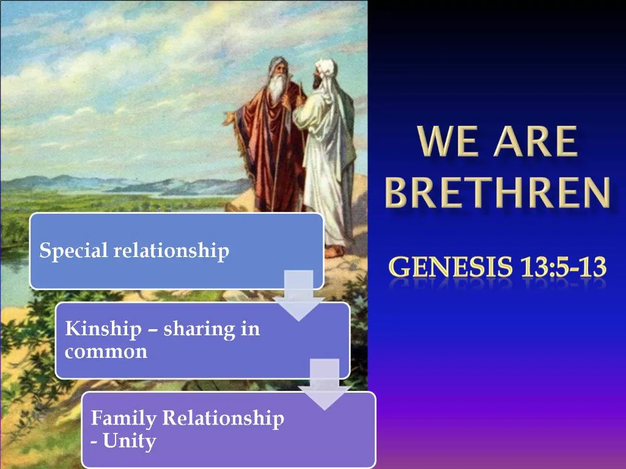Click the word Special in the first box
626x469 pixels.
[65, 250]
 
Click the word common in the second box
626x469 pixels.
[106, 352]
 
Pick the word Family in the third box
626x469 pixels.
[123, 418]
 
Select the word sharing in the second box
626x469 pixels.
[194, 329]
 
